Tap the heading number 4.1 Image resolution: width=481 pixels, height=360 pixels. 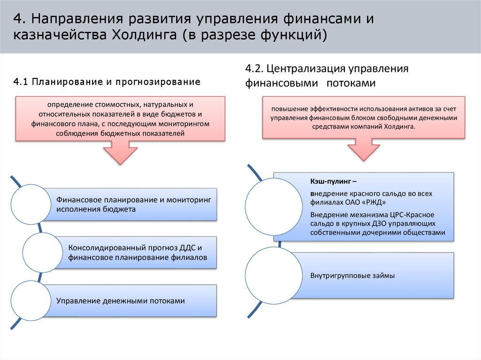tap(21, 82)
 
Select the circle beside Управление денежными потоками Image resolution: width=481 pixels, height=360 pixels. tap(31, 300)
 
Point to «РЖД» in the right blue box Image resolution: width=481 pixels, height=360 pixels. tap(374, 202)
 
